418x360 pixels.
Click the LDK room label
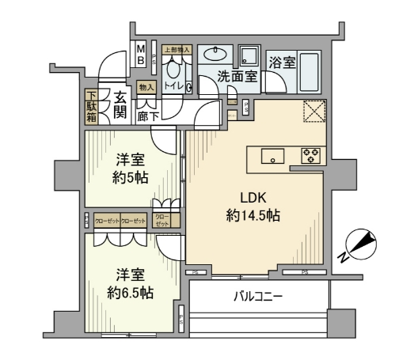(x=253, y=198)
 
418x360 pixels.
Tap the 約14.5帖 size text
(x=253, y=215)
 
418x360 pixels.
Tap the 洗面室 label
(x=237, y=77)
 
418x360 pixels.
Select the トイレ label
(x=174, y=85)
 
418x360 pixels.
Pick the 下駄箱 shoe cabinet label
(x=91, y=107)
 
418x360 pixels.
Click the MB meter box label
(x=139, y=53)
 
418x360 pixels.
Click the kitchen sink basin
(x=272, y=156)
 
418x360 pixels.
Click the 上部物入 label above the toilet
(x=176, y=49)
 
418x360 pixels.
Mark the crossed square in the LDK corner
(x=315, y=112)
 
